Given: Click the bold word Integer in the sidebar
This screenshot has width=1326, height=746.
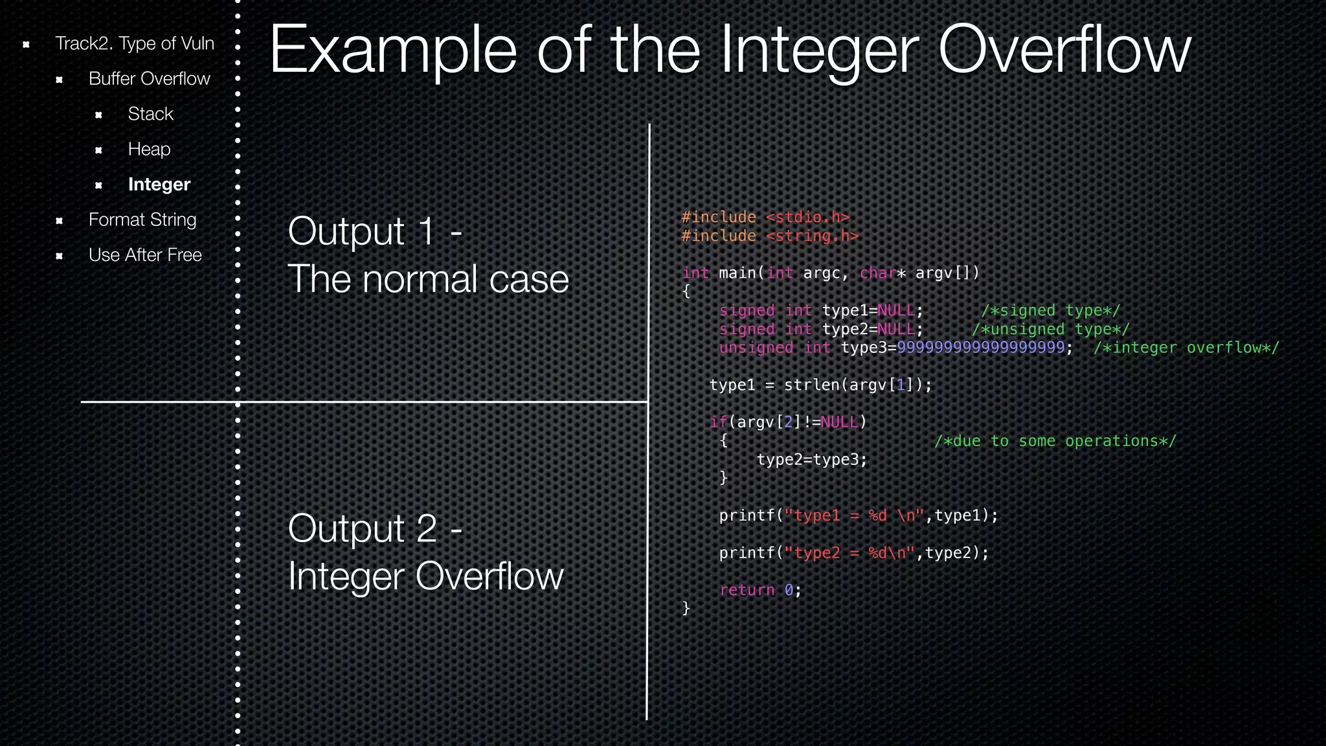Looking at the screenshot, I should [159, 185].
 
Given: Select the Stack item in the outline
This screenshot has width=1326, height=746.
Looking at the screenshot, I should [150, 114].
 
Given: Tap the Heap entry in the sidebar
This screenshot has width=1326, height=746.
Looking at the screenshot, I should [149, 149].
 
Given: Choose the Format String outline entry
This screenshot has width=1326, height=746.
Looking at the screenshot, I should [142, 220].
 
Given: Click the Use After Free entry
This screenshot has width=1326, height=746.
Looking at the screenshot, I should [145, 255].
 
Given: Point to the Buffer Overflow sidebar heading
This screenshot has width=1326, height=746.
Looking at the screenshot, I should [149, 79].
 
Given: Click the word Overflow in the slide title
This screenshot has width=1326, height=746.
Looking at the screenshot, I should [1064, 51].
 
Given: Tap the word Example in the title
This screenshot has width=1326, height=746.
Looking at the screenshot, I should [392, 51].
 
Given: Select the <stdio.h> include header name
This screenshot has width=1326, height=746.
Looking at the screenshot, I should [807, 218].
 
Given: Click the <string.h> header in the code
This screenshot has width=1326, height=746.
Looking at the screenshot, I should [812, 236].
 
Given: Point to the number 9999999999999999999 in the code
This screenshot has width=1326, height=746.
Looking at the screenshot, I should [980, 348].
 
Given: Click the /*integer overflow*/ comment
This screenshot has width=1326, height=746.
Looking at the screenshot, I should [1186, 348].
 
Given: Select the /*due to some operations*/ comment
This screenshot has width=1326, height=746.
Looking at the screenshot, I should [1055, 441].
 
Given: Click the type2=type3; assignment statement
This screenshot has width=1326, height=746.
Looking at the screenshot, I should [811, 460].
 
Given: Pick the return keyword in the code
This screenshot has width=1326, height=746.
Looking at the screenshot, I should [747, 590].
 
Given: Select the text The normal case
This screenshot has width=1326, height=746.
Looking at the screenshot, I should [428, 279].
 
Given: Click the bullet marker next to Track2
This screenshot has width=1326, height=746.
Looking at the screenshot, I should [26, 45].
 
